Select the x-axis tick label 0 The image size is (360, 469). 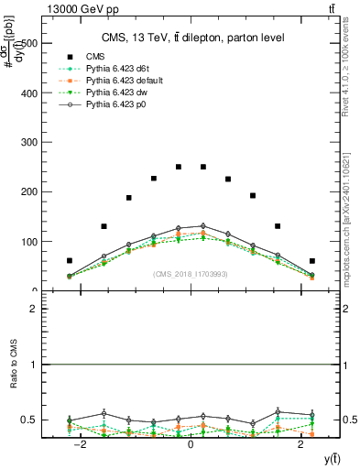pyautogui.click(x=191, y=443)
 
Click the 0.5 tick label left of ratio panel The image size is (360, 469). pyautogui.click(x=28, y=420)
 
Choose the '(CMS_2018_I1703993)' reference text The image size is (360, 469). pyautogui.click(x=191, y=274)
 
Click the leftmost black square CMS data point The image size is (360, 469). pyautogui.click(x=70, y=261)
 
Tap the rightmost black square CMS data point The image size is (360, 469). pyautogui.click(x=311, y=261)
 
